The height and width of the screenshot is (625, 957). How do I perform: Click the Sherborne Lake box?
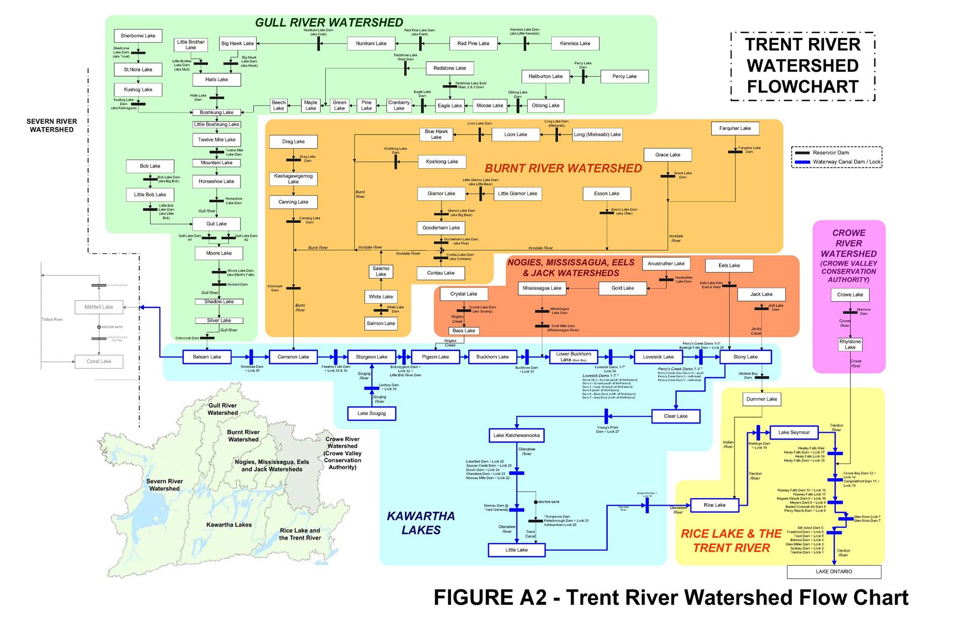(x=138, y=36)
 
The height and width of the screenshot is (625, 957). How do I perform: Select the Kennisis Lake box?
(x=575, y=43)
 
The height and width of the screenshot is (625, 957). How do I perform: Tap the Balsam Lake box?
(x=207, y=357)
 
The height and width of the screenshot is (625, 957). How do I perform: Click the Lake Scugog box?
(x=371, y=413)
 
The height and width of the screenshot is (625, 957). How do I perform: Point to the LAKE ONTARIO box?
(x=834, y=572)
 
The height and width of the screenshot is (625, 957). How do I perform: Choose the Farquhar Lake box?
(x=735, y=128)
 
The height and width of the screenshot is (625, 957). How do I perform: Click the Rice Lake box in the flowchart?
(x=714, y=505)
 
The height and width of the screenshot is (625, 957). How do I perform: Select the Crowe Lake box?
(x=850, y=295)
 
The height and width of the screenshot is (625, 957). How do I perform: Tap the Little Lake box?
(x=516, y=550)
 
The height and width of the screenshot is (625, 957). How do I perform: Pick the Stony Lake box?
(x=745, y=357)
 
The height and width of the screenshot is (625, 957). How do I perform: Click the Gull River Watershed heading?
(x=329, y=22)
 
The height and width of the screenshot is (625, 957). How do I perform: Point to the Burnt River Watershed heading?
(x=563, y=169)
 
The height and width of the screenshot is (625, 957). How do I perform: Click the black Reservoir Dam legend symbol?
(x=802, y=153)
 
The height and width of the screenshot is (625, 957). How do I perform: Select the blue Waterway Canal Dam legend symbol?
(x=802, y=162)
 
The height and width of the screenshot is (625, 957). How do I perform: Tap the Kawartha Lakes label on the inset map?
(x=229, y=525)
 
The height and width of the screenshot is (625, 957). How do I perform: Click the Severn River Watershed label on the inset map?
(x=164, y=485)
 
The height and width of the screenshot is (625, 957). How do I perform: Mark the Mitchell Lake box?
(x=99, y=307)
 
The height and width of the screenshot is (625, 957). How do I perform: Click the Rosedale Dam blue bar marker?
(x=251, y=357)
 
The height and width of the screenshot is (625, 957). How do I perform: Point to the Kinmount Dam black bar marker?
(x=293, y=288)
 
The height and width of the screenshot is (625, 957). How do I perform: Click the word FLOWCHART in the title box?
(x=802, y=87)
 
